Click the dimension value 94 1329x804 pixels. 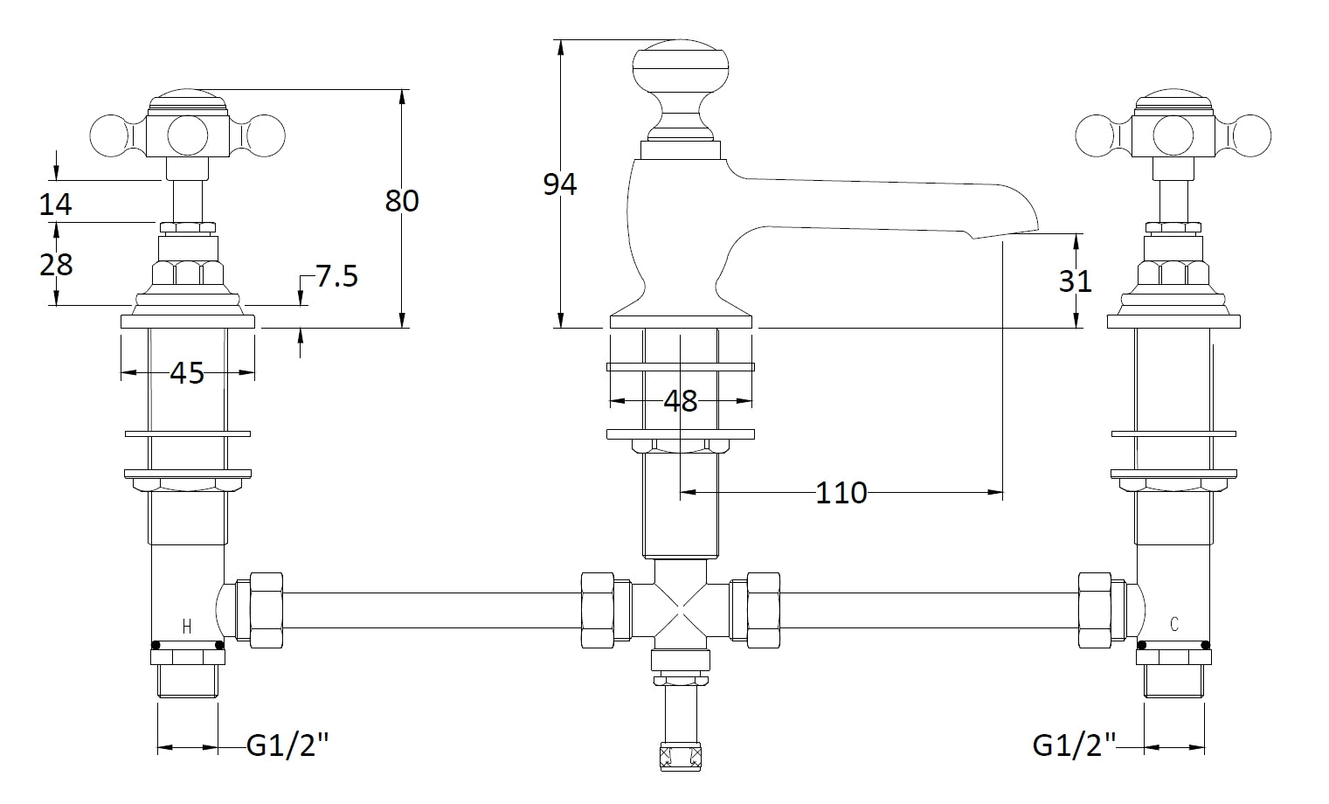tap(560, 184)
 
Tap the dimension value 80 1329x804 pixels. tap(402, 201)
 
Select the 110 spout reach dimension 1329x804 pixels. tap(841, 493)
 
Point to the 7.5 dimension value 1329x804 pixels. tap(336, 277)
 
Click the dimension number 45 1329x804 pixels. tap(186, 373)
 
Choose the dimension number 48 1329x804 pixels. tap(681, 401)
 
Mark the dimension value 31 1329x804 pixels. tap(1076, 281)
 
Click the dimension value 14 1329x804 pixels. tap(56, 205)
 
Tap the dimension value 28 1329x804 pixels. tap(56, 264)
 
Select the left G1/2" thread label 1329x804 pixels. tap(288, 745)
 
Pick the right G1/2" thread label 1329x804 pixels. tap(1075, 745)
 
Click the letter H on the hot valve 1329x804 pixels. tap(186, 626)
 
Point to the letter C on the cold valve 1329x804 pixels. tap(1174, 624)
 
